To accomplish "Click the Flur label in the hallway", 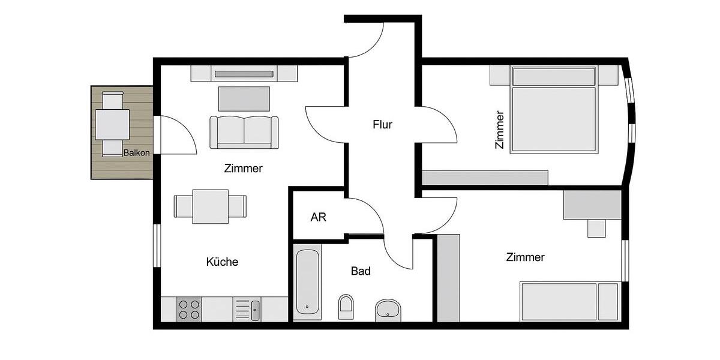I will tap(382, 125).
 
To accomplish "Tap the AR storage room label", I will tap(318, 217).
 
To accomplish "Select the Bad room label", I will tap(361, 271).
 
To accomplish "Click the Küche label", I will tap(222, 262).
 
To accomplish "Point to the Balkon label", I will tap(136, 153).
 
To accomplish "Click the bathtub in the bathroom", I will tap(308, 282).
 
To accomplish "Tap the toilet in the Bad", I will tap(346, 307).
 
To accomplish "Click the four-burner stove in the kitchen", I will tap(190, 309).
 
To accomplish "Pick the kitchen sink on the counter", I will tap(255, 310).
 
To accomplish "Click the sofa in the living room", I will tap(244, 131).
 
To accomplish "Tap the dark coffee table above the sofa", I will tap(244, 98).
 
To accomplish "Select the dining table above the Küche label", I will tap(210, 206).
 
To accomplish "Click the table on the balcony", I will tap(112, 124).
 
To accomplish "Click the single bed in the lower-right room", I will tap(569, 301).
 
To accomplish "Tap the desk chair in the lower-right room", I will tap(596, 228).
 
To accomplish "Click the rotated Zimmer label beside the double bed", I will tap(499, 129).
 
